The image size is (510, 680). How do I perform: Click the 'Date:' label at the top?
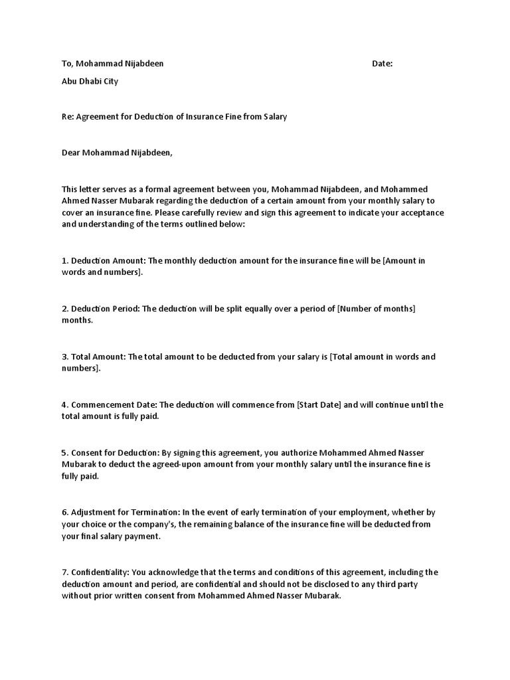(x=382, y=64)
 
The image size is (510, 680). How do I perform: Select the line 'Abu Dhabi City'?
(x=90, y=82)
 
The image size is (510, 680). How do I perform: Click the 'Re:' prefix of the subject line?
(x=68, y=117)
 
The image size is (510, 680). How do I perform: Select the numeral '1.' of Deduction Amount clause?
(x=65, y=261)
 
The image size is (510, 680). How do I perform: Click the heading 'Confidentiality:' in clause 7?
(x=100, y=572)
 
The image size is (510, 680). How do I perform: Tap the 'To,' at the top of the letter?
(x=66, y=64)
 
